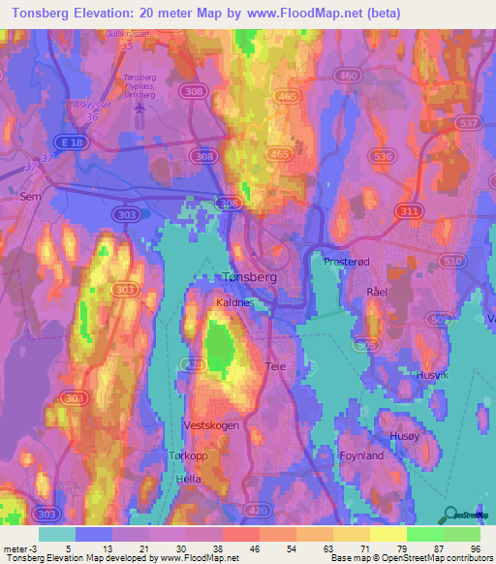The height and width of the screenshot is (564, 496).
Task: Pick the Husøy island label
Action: coord(405,437)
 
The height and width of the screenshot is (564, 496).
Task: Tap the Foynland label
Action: coord(362,454)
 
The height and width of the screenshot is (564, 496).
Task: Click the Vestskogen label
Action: coord(210,424)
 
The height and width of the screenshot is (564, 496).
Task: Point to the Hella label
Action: coord(189,480)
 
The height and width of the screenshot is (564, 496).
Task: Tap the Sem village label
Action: coord(28,195)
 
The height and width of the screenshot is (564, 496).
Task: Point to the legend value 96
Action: coord(474,548)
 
